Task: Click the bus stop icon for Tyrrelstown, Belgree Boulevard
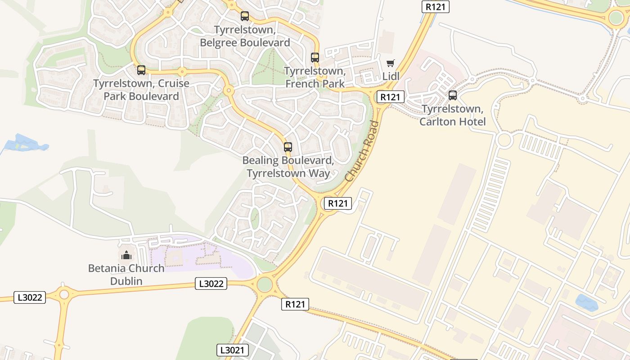coord(245,16)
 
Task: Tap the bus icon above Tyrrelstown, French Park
coord(315,58)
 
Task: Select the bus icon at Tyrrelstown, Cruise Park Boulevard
coord(141,70)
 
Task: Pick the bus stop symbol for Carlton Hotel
coord(453,95)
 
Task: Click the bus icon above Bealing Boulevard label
coord(288,147)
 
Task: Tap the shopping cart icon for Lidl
coord(390,63)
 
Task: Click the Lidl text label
coord(391,76)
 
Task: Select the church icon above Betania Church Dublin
coord(126,255)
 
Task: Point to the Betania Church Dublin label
coord(126,274)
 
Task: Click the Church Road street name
coord(362,151)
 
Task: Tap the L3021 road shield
coord(233,350)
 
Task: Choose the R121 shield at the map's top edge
coord(436,7)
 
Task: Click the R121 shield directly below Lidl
coord(390,97)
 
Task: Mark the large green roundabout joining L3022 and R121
coord(265,284)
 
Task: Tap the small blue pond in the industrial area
coord(587,302)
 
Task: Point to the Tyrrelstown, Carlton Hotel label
coord(453,115)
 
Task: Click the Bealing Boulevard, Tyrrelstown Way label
coord(288,167)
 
